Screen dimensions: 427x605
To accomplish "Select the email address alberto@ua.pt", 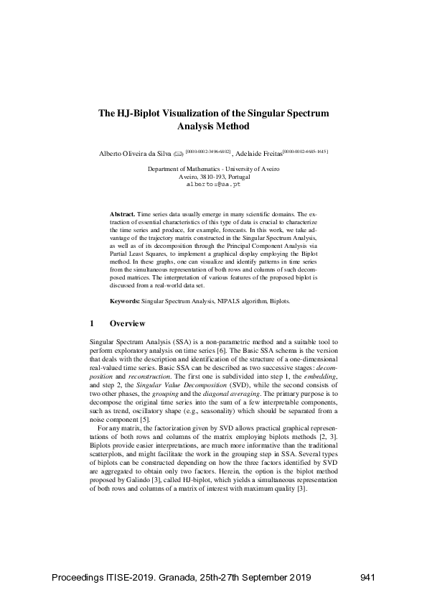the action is tap(213, 185).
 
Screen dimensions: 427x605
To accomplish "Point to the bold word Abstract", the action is tap(122, 215).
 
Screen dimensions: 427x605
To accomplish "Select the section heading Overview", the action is tap(128, 323).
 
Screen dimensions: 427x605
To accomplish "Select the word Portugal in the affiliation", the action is tap(237, 176).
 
